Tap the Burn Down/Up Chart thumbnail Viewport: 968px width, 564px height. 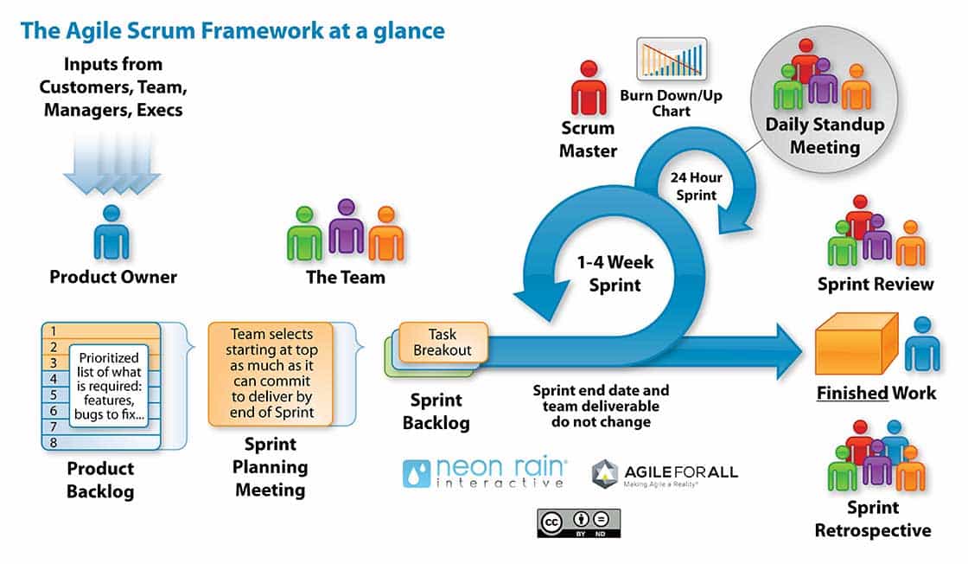[x=672, y=60]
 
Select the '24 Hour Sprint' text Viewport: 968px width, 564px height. [x=696, y=187]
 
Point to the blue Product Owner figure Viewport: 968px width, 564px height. [x=111, y=233]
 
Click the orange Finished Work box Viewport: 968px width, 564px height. [x=857, y=344]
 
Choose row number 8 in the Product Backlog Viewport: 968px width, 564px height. [x=54, y=442]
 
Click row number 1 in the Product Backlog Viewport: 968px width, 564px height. [x=54, y=330]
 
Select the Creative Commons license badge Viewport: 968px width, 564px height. [x=579, y=522]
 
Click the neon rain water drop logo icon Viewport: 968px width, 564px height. [x=417, y=473]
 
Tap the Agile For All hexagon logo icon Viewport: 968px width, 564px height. [x=605, y=473]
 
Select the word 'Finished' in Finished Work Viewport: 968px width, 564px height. [x=853, y=393]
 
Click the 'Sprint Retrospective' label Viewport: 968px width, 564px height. [x=873, y=518]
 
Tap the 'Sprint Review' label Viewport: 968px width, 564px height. [x=876, y=284]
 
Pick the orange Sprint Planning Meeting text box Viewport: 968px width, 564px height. [x=271, y=374]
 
